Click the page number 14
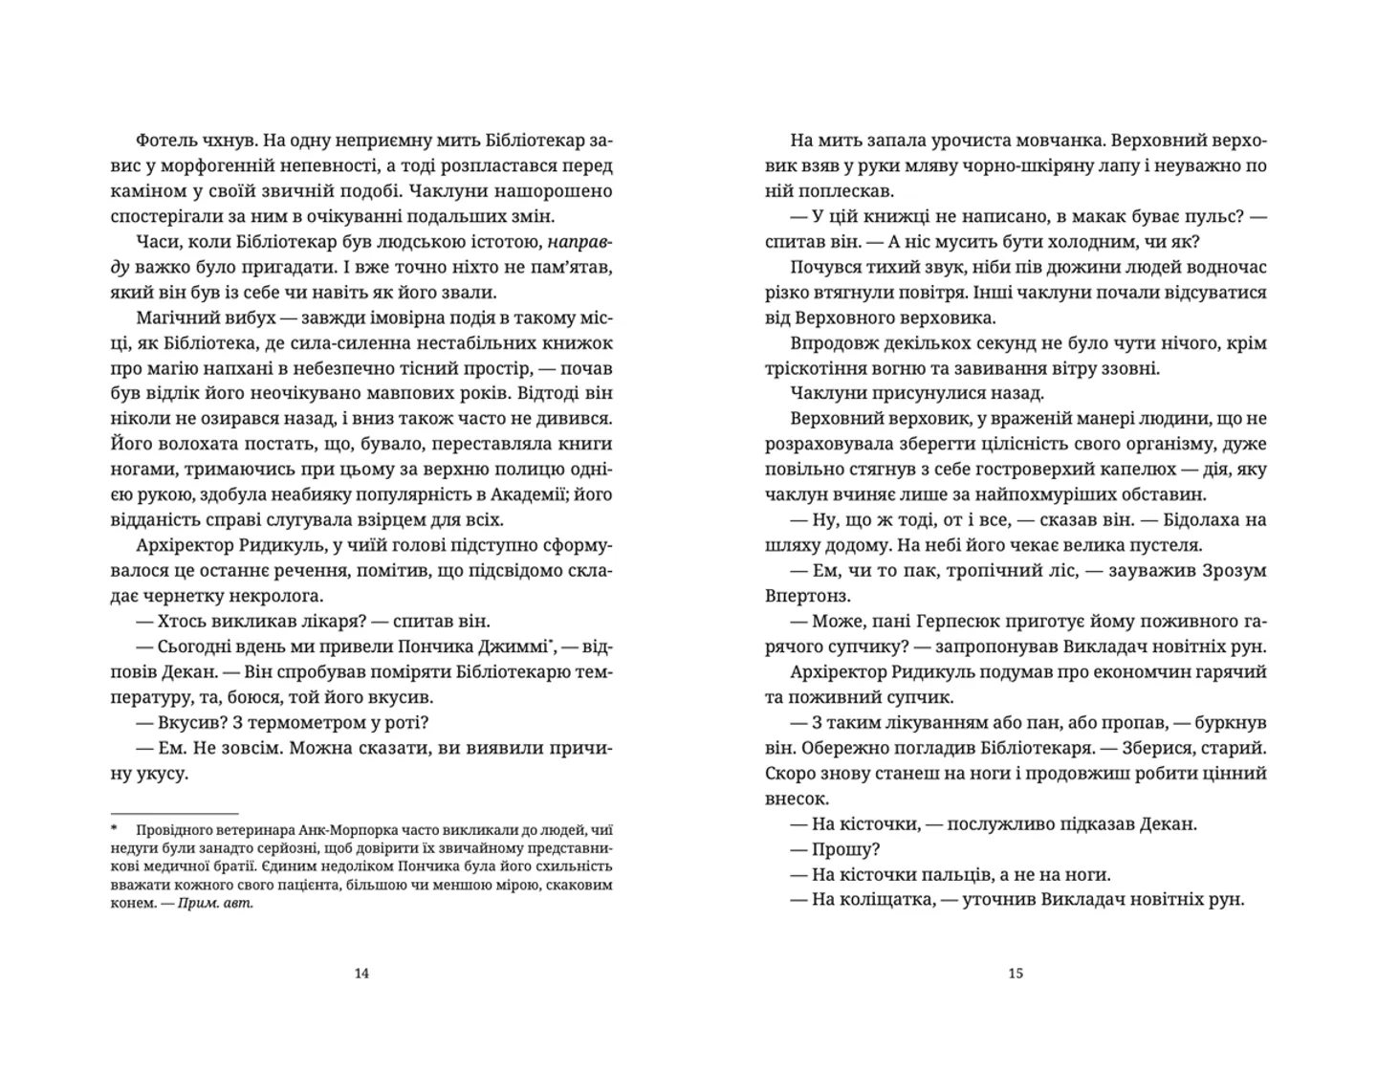pos(361,974)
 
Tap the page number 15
pos(1016,974)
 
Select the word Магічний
pos(175,318)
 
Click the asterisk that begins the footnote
pos(114,830)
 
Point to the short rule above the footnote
pos(174,812)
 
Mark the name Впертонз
pos(809,596)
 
